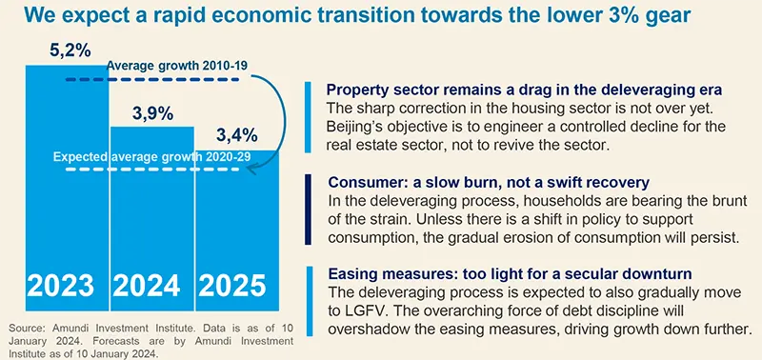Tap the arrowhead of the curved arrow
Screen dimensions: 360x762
(252, 169)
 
